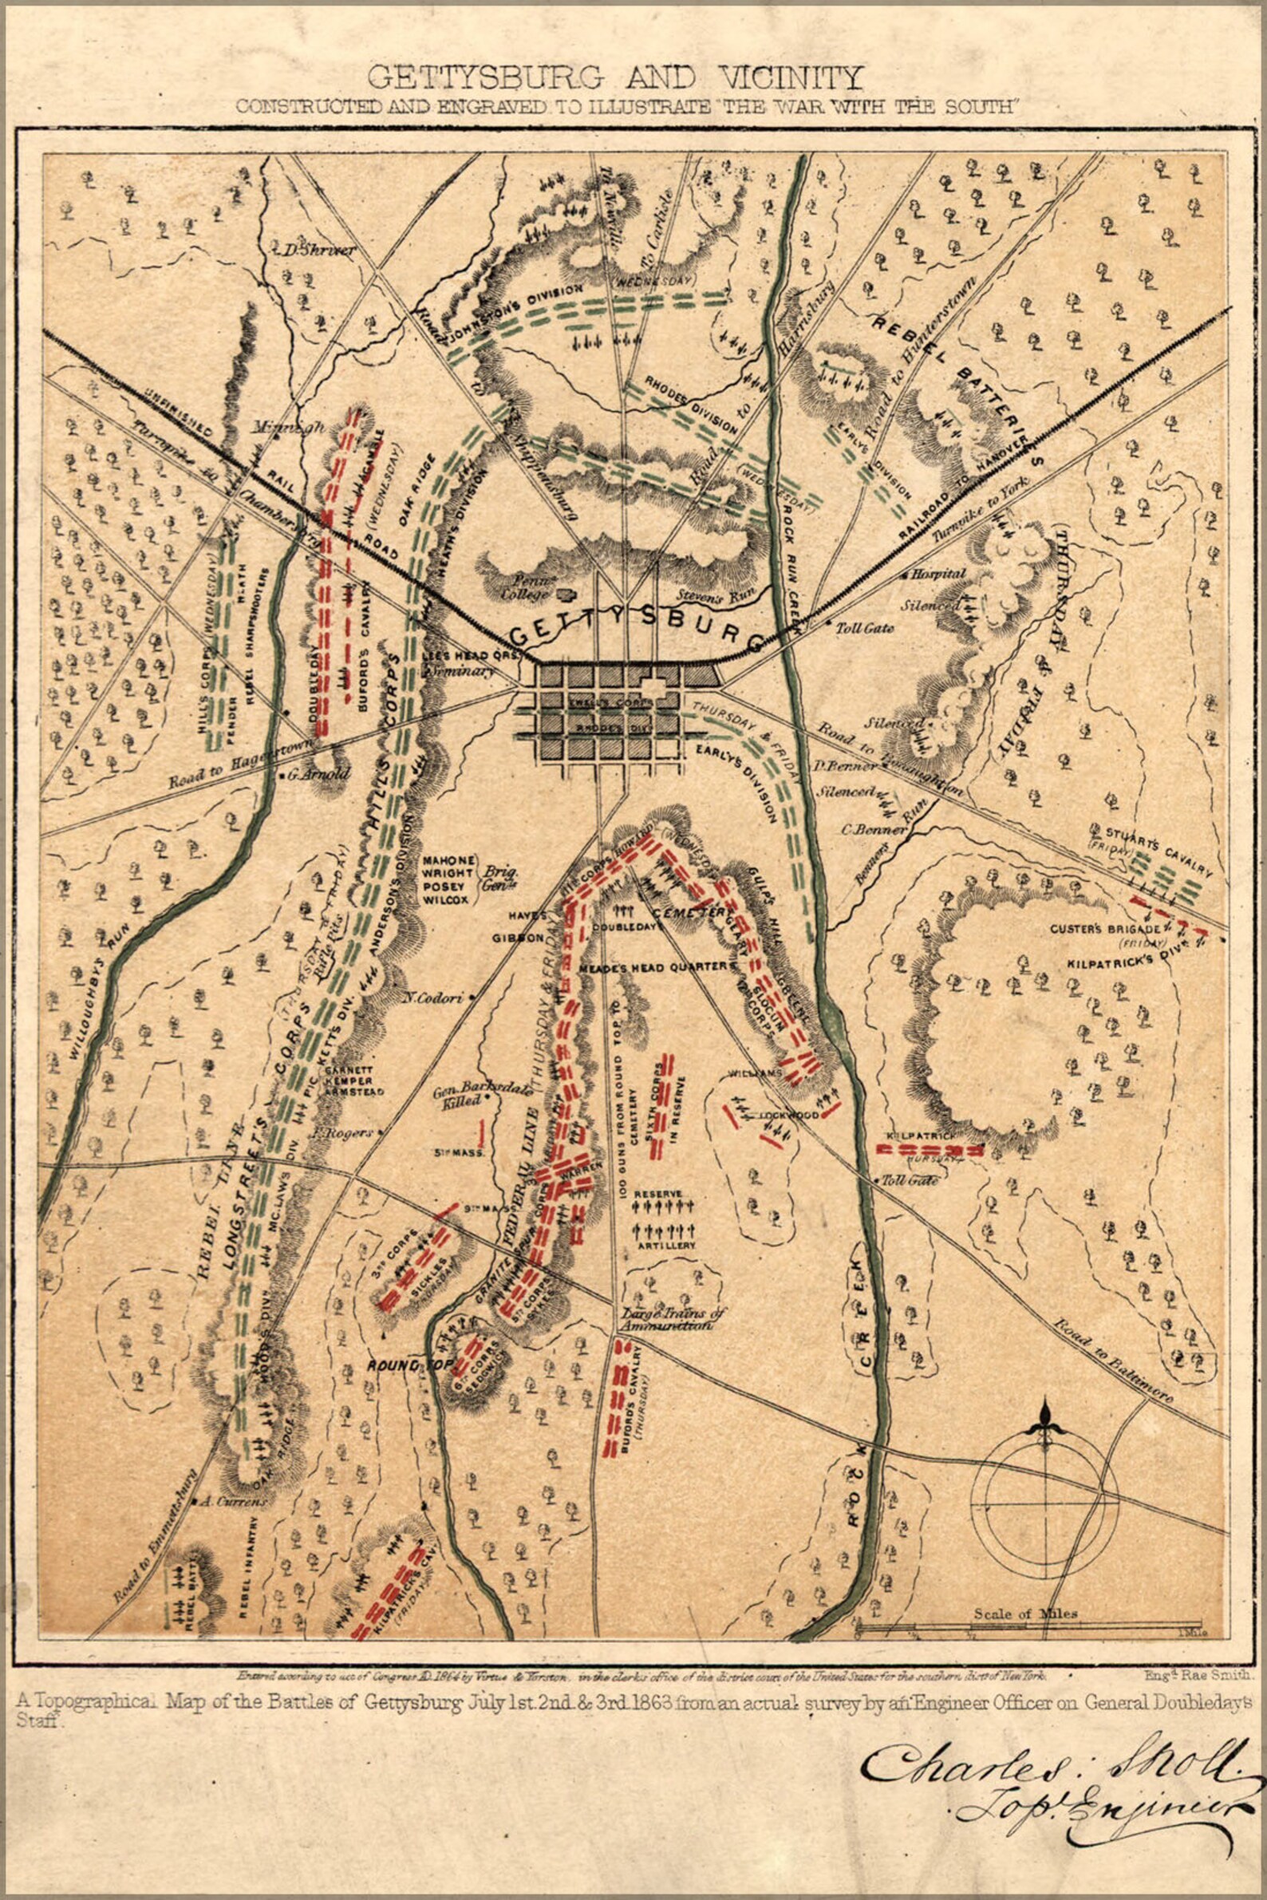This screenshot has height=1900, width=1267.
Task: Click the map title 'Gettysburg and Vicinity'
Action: tap(615, 78)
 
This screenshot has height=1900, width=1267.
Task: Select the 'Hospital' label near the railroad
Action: tap(938, 574)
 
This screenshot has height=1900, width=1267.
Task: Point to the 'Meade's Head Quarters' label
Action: tap(669, 966)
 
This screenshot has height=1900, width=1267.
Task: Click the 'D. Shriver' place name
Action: tap(319, 250)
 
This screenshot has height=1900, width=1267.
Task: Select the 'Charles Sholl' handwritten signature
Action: tap(1051, 1770)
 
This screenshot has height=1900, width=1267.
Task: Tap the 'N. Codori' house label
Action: tap(434, 997)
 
